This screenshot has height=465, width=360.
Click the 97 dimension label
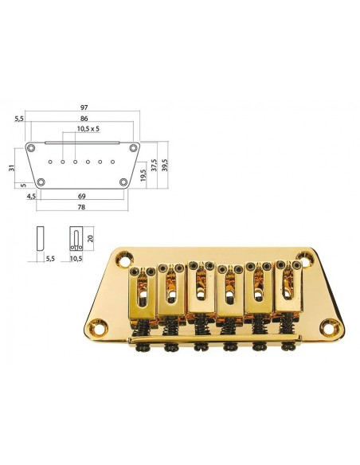click(84, 107)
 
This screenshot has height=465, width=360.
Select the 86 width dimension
click(84, 119)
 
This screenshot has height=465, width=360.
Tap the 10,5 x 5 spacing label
click(88, 129)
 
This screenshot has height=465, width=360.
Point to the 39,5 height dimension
click(165, 165)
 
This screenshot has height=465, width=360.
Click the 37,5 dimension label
click(154, 165)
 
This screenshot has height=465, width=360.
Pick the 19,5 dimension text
click(143, 175)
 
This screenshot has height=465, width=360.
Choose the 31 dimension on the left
click(12, 168)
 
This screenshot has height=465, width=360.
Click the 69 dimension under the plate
click(81, 196)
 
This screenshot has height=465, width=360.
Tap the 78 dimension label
click(81, 207)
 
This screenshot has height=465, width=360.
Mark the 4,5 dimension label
click(31, 196)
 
